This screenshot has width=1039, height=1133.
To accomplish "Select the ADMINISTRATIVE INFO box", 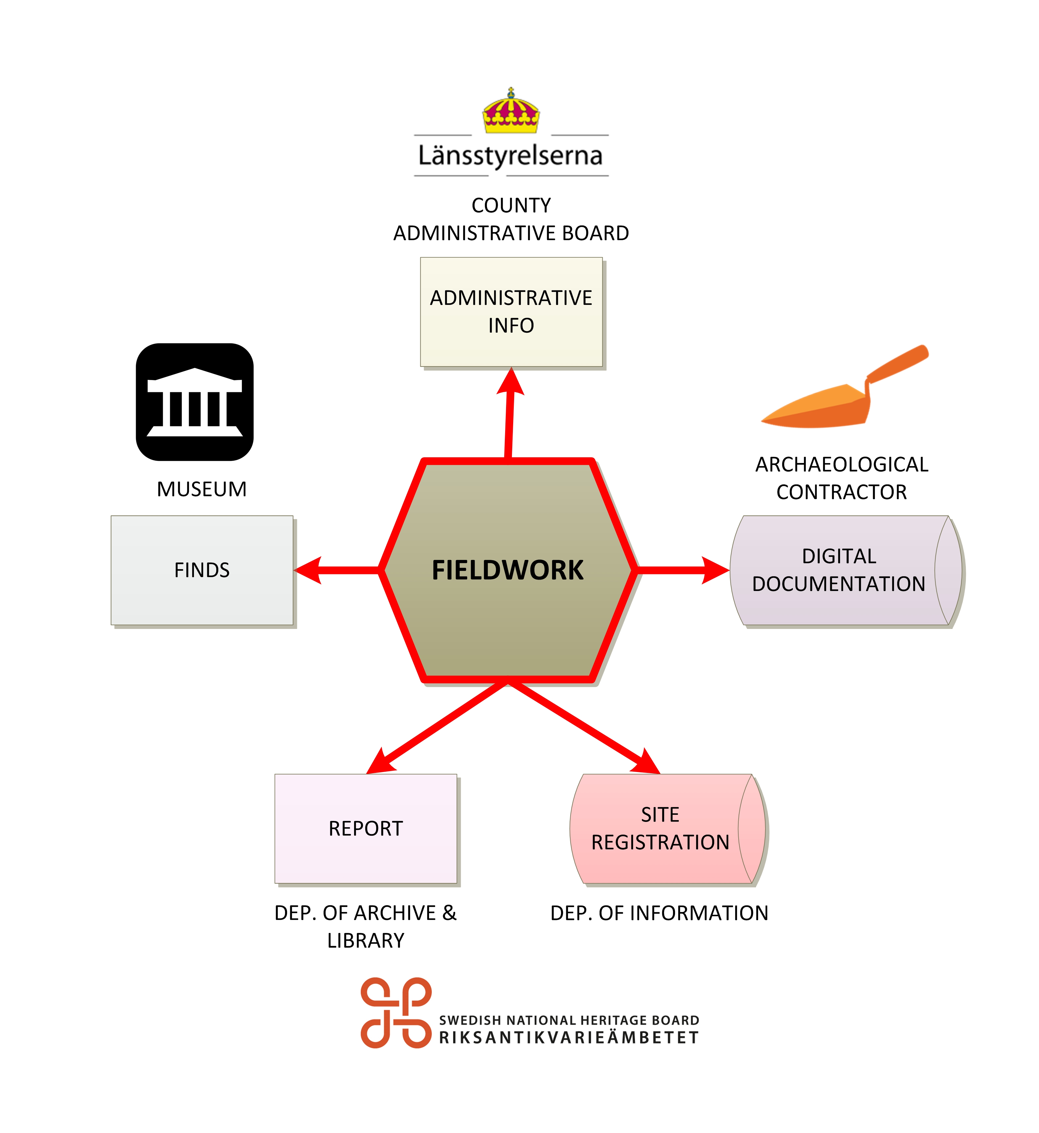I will click(x=511, y=312).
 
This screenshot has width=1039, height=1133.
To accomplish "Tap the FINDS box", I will click(x=202, y=570).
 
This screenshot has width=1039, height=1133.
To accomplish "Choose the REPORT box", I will click(x=365, y=828).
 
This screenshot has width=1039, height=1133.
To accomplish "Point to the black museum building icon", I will click(x=195, y=402).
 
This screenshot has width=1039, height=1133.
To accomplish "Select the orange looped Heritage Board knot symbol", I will click(x=396, y=1013).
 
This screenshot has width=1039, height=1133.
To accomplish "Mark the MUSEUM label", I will click(x=202, y=489).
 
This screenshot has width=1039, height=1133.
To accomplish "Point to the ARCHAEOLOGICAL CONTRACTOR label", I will click(x=842, y=478).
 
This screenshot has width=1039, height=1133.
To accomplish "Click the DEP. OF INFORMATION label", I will click(x=659, y=913).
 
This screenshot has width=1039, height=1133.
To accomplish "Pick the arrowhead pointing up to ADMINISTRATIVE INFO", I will click(x=510, y=382).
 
